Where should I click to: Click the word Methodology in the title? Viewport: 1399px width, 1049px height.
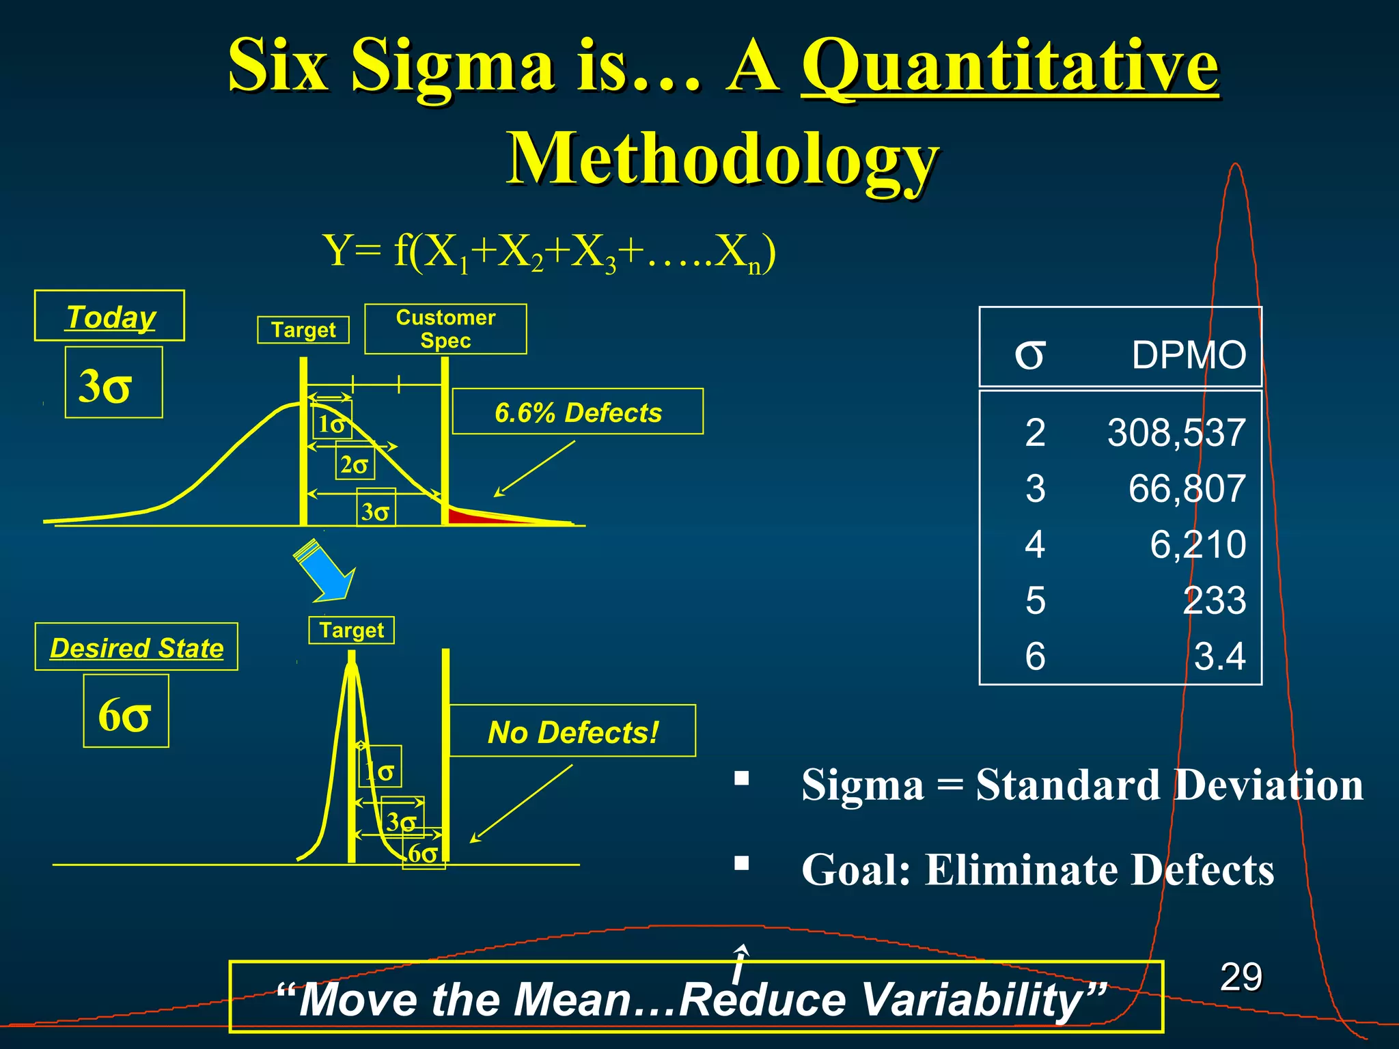pos(722,158)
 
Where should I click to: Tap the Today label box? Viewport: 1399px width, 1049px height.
pos(109,316)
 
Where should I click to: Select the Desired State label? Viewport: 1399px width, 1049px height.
pos(137,647)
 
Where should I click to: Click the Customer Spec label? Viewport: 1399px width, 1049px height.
pos(445,329)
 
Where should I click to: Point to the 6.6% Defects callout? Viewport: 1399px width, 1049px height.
pos(578,412)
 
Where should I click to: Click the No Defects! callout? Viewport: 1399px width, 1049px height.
pos(572,731)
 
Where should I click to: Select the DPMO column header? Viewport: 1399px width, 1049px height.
pos(1188,355)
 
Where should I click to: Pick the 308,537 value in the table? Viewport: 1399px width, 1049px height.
pos(1176,433)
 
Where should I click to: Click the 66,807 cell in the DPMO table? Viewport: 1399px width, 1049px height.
pos(1187,489)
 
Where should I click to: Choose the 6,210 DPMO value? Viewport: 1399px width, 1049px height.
pos(1197,545)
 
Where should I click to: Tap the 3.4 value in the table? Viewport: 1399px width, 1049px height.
pos(1219,656)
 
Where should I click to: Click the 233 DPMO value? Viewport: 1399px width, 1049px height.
pos(1214,601)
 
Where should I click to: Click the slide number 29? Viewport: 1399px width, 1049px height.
pos(1241,977)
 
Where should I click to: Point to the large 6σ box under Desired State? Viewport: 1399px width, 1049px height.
pos(126,712)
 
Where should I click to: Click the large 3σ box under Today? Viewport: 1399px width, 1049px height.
pos(113,382)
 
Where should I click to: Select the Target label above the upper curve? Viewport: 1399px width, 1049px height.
pos(303,330)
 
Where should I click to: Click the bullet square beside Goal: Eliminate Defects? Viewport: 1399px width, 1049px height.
pos(742,864)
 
